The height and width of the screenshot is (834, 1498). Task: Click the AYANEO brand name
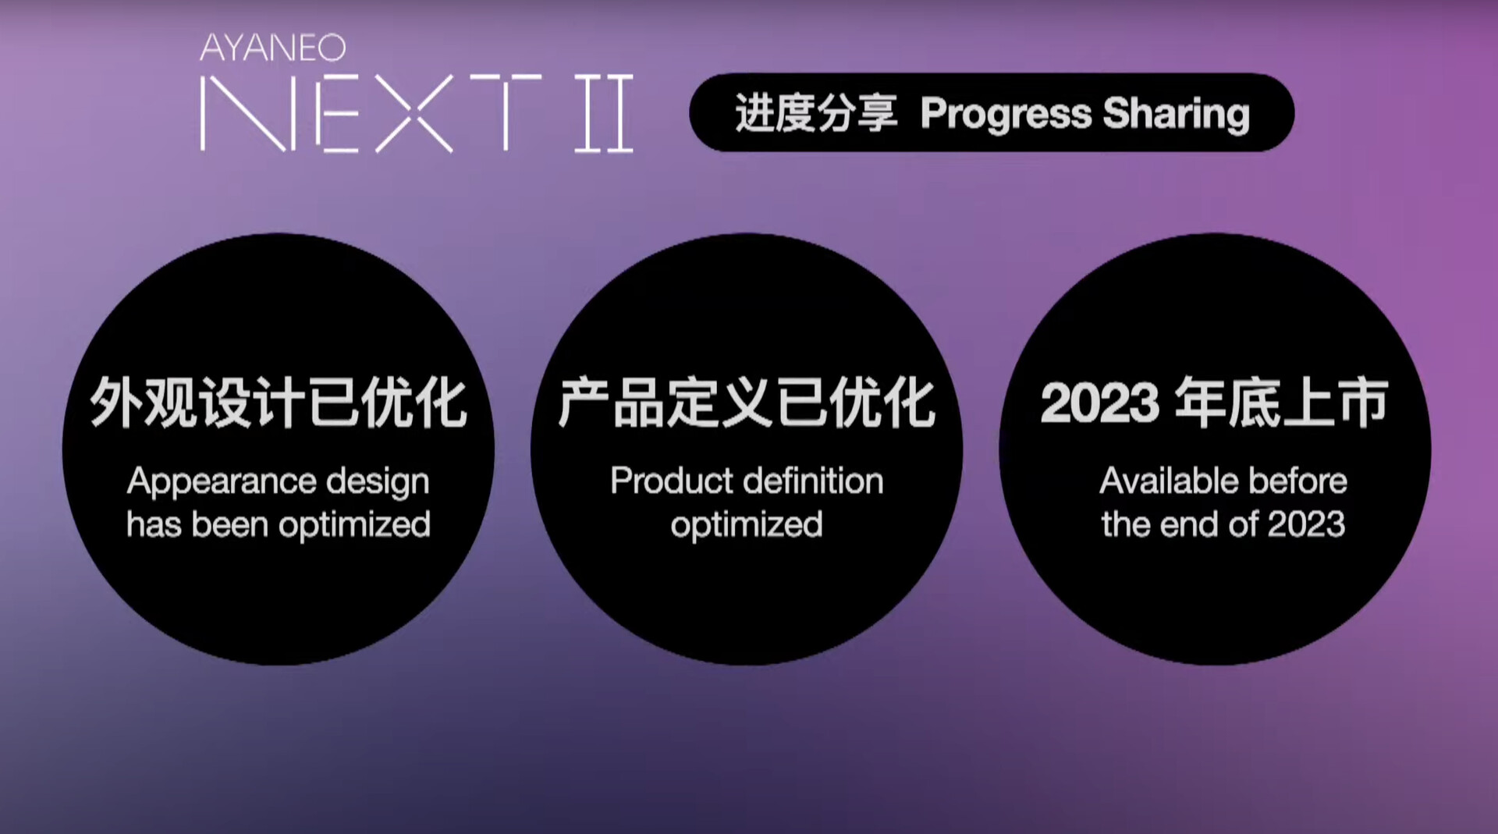[x=272, y=48]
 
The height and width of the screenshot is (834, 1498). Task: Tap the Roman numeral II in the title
[x=604, y=113]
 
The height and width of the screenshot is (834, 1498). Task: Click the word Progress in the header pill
[x=1006, y=115]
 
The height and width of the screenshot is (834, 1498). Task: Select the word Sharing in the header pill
[x=1177, y=115]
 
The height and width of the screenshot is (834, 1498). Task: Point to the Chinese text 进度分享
[x=816, y=113]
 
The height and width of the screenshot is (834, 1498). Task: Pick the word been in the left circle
[x=230, y=524]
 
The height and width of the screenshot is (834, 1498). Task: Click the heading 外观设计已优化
[x=279, y=403]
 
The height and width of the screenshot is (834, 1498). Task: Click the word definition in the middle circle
[x=814, y=481]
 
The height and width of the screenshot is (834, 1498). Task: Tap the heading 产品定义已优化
[x=747, y=403]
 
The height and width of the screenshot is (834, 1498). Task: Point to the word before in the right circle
[x=1298, y=481]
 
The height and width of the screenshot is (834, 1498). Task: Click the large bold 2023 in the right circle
[x=1100, y=403]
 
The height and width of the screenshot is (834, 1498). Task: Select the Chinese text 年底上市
[x=1281, y=403]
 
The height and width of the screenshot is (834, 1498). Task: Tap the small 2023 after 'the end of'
[x=1307, y=524]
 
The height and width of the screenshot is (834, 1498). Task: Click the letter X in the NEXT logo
[x=414, y=113]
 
